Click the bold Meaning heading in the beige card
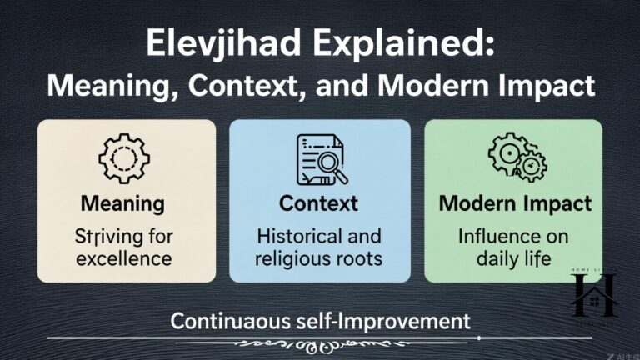point(122,203)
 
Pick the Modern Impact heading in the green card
point(515,203)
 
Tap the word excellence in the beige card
point(123,257)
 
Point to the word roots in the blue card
point(357,257)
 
